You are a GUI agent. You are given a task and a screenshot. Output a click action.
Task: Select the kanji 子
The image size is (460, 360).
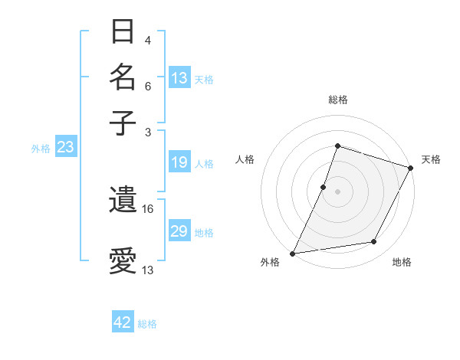point(123,123)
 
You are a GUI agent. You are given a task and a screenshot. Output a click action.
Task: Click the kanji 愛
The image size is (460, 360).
point(123,260)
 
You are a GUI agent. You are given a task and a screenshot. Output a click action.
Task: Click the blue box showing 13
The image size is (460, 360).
point(179,78)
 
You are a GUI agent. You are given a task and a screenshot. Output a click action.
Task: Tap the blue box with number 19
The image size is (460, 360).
point(179,162)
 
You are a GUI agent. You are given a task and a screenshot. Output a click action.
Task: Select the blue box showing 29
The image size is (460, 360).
point(179,231)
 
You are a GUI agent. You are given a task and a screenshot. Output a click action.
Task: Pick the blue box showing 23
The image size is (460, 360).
point(65,148)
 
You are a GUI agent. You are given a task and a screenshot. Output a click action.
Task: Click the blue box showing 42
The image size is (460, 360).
point(123,322)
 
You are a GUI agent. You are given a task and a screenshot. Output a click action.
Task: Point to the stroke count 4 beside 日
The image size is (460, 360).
point(148,40)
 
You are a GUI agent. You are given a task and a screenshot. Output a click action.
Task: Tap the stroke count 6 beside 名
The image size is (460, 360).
point(148,86)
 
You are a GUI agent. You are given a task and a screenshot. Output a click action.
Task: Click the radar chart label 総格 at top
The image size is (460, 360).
point(337,100)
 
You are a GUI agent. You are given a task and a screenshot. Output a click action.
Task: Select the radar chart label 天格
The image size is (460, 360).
point(431,159)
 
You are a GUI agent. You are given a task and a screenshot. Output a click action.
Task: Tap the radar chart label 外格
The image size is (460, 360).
point(270,262)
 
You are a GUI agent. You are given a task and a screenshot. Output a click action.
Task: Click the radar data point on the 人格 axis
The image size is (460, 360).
point(324,186)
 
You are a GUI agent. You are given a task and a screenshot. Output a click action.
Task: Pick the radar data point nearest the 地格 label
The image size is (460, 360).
point(374,242)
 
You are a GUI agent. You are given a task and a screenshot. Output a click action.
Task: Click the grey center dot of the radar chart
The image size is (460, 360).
point(337,191)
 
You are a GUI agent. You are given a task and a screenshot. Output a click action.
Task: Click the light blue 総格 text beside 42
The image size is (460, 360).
point(147,324)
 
